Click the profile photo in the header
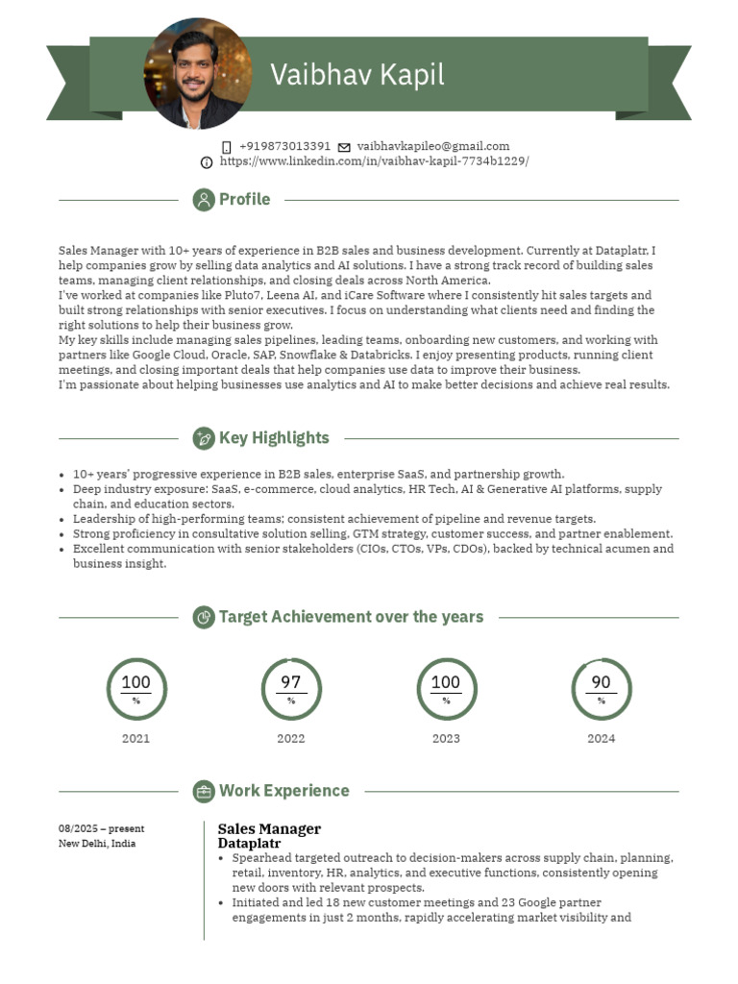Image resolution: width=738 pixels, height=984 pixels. pos(198,73)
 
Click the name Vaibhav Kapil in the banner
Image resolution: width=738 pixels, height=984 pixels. pos(357,75)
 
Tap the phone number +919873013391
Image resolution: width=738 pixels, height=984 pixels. pos(284,146)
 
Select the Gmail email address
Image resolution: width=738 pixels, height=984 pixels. pos(433,146)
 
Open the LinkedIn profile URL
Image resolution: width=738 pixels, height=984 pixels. pos(374,161)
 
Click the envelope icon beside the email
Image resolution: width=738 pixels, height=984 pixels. pos(344,147)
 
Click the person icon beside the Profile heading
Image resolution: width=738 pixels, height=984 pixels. pos(204,200)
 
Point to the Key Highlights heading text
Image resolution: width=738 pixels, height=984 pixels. pos(274,438)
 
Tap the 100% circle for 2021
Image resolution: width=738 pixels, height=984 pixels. pos(135,689)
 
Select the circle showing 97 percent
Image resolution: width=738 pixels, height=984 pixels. pos(291,689)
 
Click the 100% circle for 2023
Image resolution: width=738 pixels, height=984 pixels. pos(446,689)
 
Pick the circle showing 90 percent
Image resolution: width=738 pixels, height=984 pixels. pos(601,689)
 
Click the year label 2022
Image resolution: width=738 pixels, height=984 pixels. pos(291,739)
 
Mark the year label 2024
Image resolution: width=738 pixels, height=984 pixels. pos(601,739)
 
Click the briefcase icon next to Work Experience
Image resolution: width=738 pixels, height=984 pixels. pos(204,791)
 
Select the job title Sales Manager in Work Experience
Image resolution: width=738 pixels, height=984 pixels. pos(269,828)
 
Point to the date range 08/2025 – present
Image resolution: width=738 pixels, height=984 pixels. pos(101,828)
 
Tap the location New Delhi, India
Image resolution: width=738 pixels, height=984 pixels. pos(97,844)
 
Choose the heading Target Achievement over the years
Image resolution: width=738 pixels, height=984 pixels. pos(351,617)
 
